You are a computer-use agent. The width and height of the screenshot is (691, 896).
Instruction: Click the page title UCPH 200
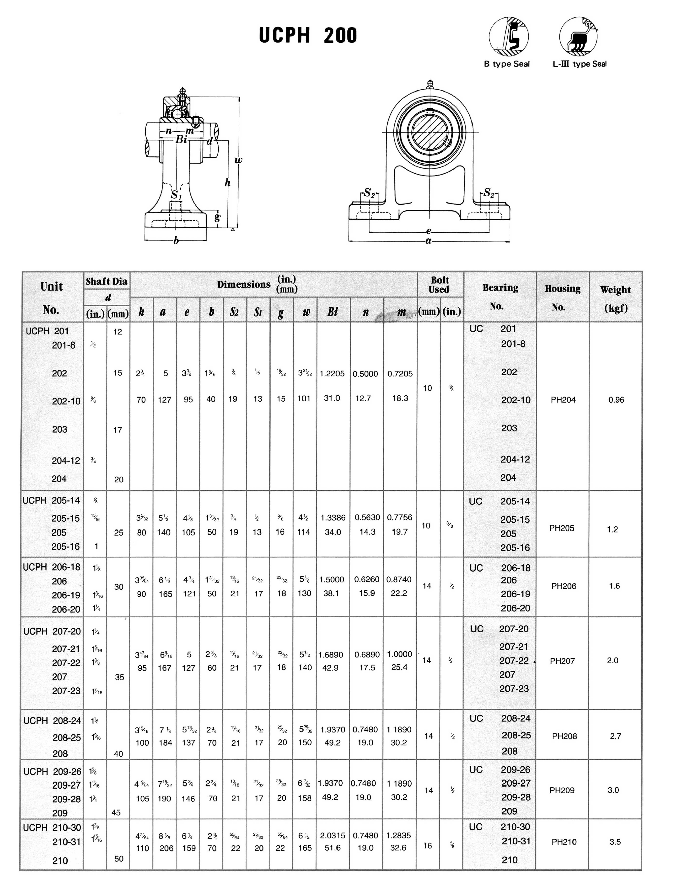click(308, 35)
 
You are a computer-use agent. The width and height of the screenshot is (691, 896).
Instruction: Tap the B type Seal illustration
click(509, 36)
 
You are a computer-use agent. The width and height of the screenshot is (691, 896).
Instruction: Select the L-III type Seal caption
click(579, 64)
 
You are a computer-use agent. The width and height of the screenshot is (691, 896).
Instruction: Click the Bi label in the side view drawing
click(181, 139)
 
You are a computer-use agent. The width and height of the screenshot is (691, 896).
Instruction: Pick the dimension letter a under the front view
click(428, 241)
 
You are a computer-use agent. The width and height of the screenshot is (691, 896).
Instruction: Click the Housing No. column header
click(562, 297)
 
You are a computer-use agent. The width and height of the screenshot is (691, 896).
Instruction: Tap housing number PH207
click(562, 661)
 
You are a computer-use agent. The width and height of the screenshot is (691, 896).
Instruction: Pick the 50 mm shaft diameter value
click(119, 859)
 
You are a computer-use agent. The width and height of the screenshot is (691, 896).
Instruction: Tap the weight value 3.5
click(615, 842)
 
